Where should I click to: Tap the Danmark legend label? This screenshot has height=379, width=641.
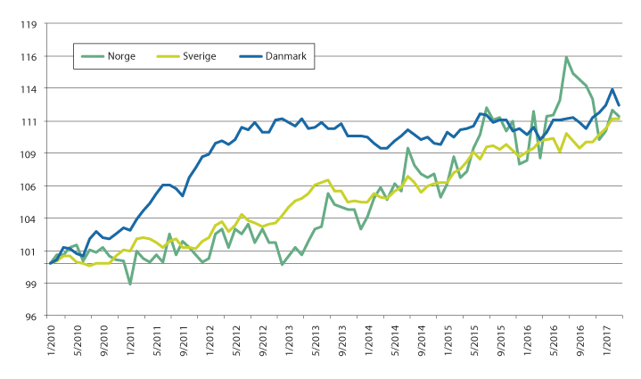coord(286,56)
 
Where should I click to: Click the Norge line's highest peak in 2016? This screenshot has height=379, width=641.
coord(566,57)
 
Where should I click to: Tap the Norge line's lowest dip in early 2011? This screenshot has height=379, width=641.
coord(130,284)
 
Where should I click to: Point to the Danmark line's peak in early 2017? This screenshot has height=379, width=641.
coord(612,89)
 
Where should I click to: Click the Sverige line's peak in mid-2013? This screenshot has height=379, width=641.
coord(328,180)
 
